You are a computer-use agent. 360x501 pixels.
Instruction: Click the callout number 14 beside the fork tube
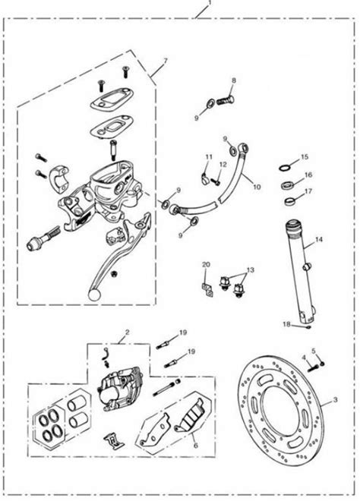[319, 240]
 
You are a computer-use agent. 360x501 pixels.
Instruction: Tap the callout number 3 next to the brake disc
[335, 399]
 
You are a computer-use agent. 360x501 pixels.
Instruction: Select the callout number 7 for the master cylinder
[166, 61]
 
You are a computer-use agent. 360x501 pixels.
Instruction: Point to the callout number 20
[207, 265]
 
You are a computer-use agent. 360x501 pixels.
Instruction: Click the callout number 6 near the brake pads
[196, 446]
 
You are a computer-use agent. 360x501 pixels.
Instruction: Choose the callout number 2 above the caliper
[128, 332]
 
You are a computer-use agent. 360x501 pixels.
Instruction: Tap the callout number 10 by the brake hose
[257, 187]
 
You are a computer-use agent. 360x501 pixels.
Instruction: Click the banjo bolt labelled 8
[225, 101]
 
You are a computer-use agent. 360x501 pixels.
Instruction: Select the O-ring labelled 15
[284, 168]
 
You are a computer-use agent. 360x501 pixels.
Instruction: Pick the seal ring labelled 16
[286, 185]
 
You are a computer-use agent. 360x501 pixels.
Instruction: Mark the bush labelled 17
[289, 202]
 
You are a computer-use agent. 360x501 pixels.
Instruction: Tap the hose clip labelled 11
[205, 178]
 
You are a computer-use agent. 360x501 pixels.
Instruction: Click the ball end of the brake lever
[94, 295]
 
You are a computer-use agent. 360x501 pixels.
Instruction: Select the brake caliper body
[118, 390]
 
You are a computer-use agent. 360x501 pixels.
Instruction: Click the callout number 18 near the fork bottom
[286, 324]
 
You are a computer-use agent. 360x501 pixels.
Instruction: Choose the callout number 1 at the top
[210, 4]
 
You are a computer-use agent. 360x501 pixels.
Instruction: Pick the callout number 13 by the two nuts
[251, 270]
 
